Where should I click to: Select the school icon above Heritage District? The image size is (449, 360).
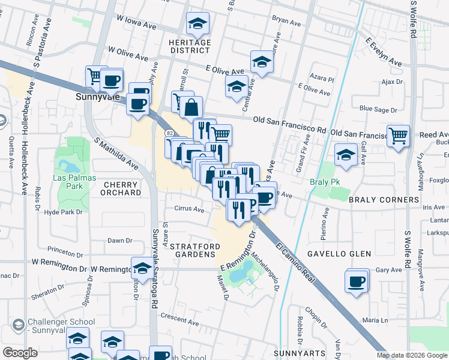[x=197, y=23]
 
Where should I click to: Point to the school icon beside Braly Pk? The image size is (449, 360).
[x=345, y=154]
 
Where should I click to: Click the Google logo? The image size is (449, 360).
[x=19, y=353]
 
